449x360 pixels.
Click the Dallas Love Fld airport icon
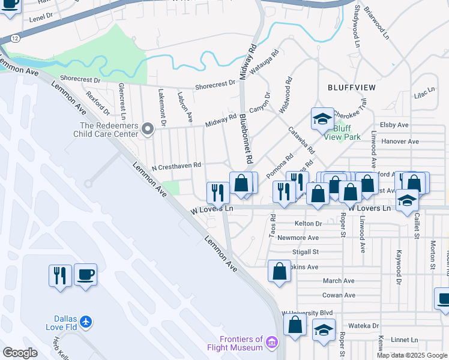click(x=86, y=322)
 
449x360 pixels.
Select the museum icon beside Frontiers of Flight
click(x=273, y=343)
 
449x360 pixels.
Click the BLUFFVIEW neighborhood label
click(x=352, y=88)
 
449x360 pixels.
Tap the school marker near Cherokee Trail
click(x=322, y=119)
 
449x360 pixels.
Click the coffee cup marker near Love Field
click(x=85, y=275)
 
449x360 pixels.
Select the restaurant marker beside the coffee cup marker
click(x=60, y=276)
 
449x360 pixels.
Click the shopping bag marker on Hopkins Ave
click(x=280, y=271)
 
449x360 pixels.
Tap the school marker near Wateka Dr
click(x=324, y=329)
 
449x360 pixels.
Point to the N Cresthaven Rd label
click(x=176, y=166)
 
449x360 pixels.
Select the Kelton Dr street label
click(x=309, y=223)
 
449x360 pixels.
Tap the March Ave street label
click(x=339, y=281)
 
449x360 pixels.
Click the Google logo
click(x=20, y=353)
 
